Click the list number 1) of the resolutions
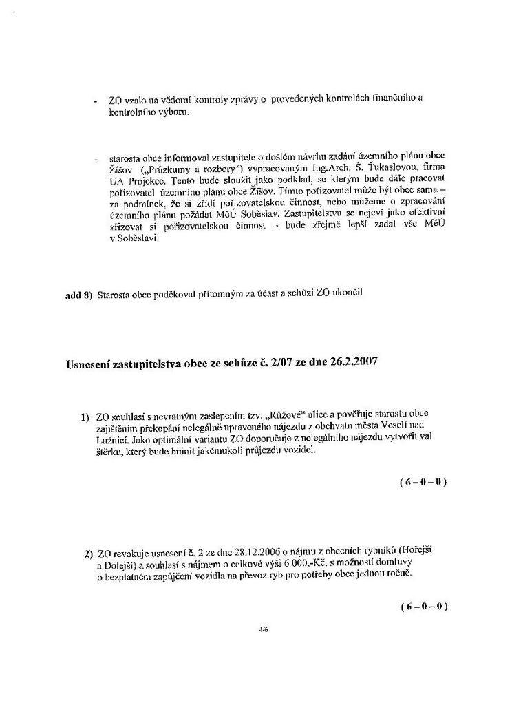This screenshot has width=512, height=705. (86, 418)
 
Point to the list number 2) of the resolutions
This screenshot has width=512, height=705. (88, 554)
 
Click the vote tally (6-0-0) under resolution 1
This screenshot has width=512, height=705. (423, 482)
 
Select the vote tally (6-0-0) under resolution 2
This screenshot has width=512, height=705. (424, 607)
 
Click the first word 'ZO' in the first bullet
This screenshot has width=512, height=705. (115, 100)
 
